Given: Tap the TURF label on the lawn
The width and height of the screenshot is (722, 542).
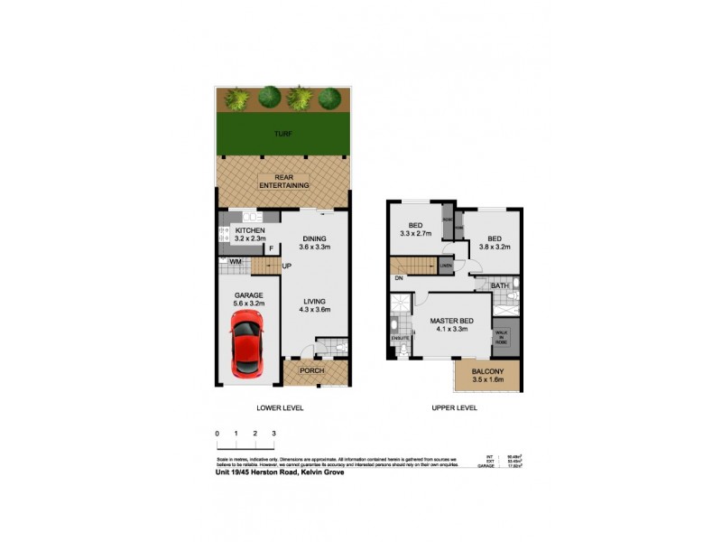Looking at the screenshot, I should tap(284, 134).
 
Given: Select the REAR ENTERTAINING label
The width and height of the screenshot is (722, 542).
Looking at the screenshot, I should tap(284, 181).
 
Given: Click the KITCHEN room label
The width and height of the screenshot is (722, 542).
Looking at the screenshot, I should tap(250, 231).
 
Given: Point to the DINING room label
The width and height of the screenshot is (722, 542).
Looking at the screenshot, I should tap(314, 238).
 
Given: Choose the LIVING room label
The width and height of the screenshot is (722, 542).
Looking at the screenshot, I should tap(314, 302).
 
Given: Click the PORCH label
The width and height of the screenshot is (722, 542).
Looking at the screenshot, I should tap(312, 370).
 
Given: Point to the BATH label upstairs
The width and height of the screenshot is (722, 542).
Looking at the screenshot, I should tap(499, 285).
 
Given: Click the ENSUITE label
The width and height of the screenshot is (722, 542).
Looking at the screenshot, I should tap(399, 339).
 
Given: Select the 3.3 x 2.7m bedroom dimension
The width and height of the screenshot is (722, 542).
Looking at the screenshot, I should tap(416, 234).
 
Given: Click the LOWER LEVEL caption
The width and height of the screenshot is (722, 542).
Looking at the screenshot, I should tap(280, 408).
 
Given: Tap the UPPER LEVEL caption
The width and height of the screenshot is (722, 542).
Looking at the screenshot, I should tap(454, 408).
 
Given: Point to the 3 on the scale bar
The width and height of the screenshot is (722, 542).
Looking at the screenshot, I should tap(273, 435).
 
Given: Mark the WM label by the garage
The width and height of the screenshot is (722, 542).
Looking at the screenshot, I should tap(236, 263).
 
